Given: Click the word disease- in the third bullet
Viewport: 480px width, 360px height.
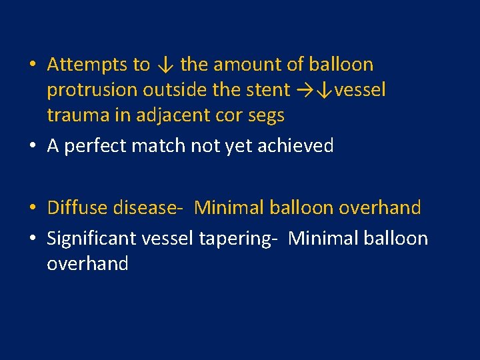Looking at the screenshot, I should [x=148, y=208].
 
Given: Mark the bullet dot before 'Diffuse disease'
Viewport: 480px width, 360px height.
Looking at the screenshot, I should [x=32, y=209].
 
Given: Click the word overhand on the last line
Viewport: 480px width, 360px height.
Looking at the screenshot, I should [x=87, y=263].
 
